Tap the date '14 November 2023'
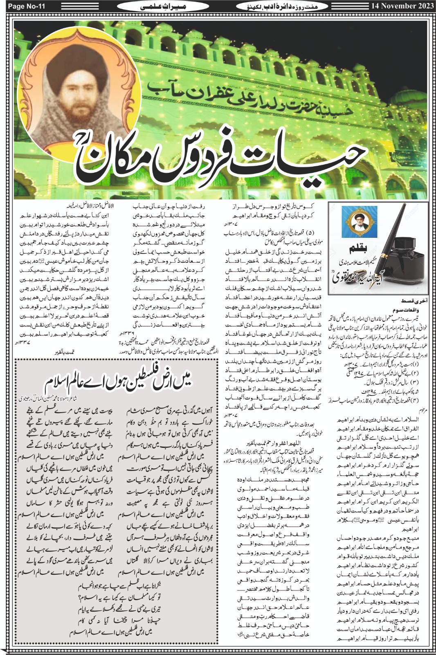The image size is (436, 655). pos(402,6)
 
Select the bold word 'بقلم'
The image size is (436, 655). pos(359,250)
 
